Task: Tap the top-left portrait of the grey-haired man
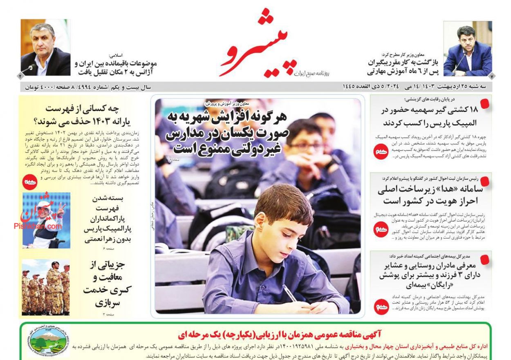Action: [45, 47]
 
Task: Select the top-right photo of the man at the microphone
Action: [468, 49]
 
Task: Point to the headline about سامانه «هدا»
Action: [430, 195]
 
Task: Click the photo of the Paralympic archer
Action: [46, 221]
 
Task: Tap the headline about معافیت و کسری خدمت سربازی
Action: [107, 284]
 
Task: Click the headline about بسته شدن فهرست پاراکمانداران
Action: [107, 219]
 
